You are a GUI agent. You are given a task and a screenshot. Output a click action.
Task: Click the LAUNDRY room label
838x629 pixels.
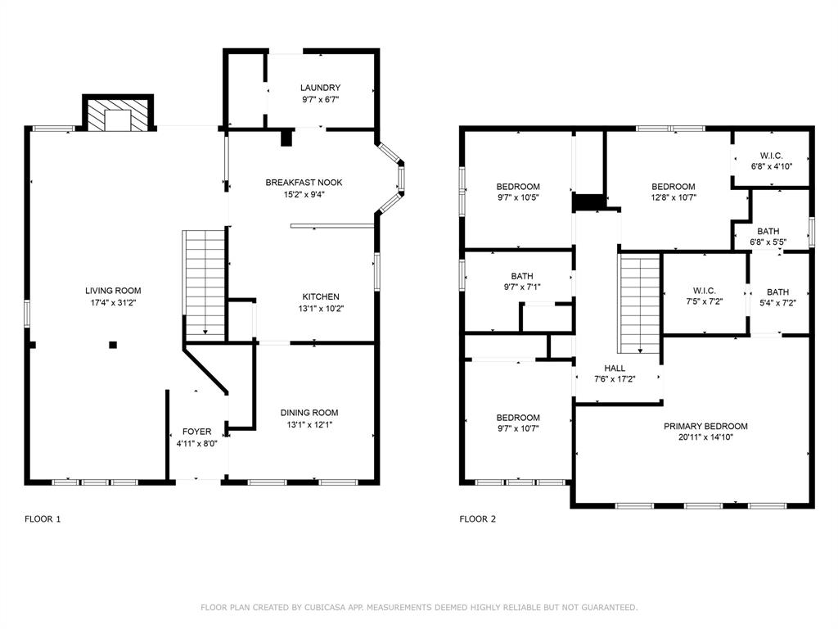[x=320, y=88]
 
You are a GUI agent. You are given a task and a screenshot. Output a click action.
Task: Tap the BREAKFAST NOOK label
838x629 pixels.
[x=304, y=183]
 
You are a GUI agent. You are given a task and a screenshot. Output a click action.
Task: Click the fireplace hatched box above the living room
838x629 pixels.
[x=118, y=113]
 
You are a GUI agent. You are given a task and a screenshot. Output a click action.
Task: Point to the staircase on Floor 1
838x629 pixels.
[x=204, y=284]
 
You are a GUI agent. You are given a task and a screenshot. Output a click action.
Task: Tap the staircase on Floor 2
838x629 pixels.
[x=640, y=304]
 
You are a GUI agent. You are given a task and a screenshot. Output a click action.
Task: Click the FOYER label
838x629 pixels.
[x=196, y=432]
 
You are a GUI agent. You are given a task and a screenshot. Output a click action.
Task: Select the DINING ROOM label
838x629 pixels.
[x=309, y=413]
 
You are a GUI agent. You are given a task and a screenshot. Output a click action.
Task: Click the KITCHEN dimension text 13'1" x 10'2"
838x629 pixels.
[x=321, y=309]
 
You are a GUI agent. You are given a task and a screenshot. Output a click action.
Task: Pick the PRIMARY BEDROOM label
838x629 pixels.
[x=705, y=426]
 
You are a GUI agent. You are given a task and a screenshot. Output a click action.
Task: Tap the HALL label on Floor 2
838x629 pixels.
[x=615, y=368]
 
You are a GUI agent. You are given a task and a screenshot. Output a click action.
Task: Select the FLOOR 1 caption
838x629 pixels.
[x=43, y=518]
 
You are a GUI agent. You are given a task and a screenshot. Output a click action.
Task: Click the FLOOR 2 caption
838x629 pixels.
[x=478, y=518]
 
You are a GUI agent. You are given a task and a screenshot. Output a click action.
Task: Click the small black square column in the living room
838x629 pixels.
[x=113, y=345]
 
